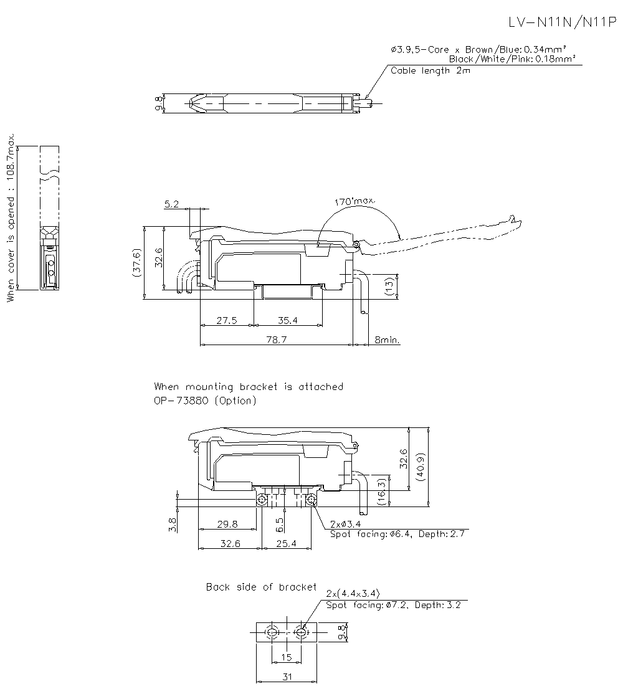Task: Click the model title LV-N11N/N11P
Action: click(x=563, y=22)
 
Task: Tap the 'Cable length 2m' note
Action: click(x=430, y=70)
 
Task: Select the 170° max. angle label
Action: click(x=354, y=201)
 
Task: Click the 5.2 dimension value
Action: click(x=171, y=204)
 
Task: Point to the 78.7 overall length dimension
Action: click(x=276, y=340)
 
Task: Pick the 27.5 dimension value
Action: click(x=227, y=320)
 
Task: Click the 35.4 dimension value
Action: click(x=287, y=320)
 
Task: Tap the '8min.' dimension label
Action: click(x=387, y=340)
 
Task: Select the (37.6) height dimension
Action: click(x=137, y=262)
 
